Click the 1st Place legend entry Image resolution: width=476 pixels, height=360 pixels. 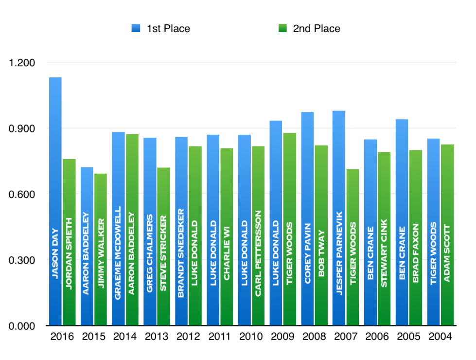point(161,28)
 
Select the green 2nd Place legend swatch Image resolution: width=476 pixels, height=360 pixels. point(282,28)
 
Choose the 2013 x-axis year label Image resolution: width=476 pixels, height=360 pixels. point(157,337)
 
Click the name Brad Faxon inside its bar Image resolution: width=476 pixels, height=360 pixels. point(416,253)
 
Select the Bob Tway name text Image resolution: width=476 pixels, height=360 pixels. point(321,253)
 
